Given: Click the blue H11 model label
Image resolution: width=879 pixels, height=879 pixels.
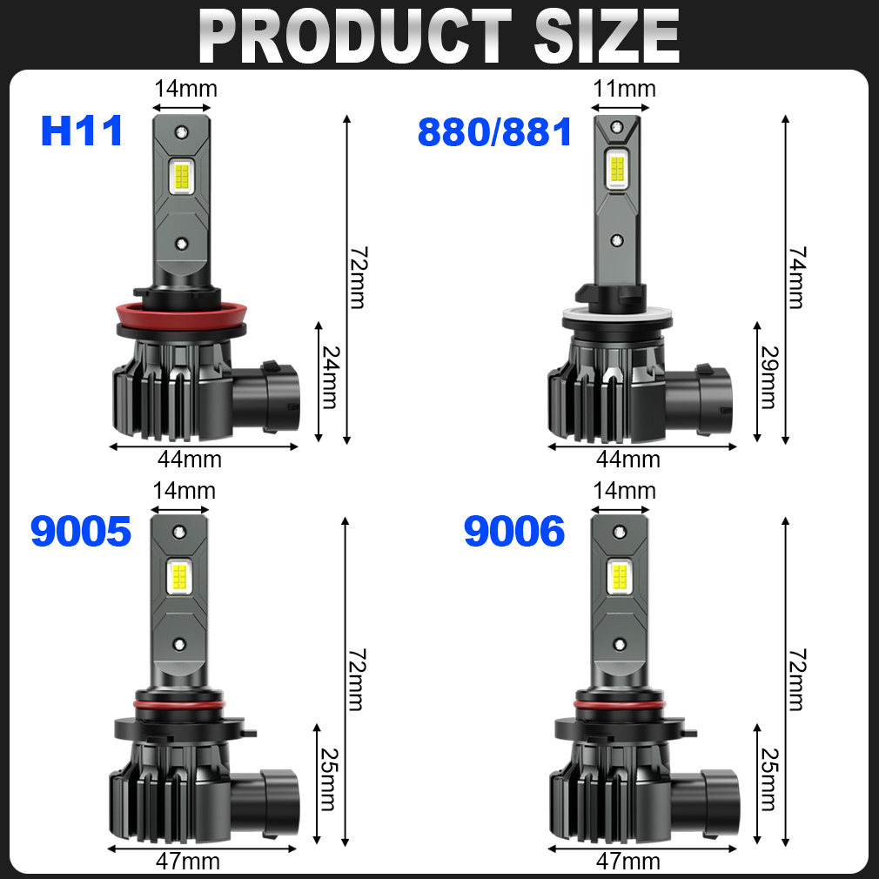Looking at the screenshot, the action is coord(82,131).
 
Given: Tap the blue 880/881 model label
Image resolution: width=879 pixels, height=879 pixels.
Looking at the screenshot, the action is coord(495,132).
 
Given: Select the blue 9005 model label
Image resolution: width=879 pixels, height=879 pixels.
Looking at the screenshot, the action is coord(81,531).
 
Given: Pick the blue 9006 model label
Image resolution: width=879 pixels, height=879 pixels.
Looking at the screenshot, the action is coord(514,531).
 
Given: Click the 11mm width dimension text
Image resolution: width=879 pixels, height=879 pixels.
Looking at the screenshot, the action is coord(625,89).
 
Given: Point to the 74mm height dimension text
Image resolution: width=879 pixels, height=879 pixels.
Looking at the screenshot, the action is coord(796,278).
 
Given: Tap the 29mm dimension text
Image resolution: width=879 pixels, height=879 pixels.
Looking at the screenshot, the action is coord(768,378).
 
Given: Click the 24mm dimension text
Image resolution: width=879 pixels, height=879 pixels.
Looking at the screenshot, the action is coord(330,378).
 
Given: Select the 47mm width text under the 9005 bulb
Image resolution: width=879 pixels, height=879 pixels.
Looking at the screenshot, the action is coord(188,861).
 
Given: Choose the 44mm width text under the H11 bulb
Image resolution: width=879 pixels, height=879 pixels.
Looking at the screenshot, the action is coord(190,460).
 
